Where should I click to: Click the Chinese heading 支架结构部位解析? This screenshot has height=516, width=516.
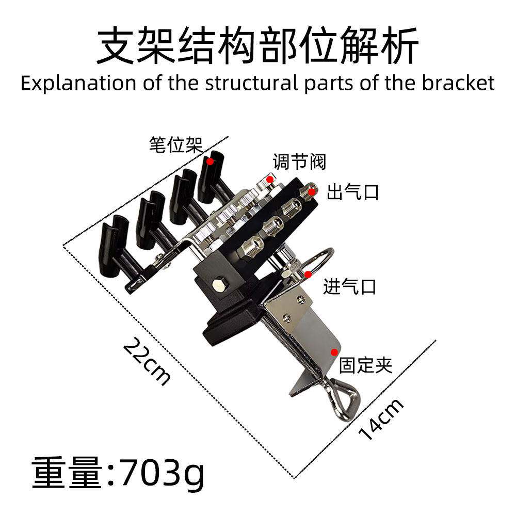[x=257, y=45]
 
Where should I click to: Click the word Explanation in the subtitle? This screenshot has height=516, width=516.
[x=78, y=83]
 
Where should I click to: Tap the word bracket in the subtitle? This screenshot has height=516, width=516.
[x=458, y=83]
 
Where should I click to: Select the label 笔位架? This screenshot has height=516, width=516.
[x=175, y=145]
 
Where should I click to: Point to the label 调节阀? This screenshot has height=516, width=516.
[x=299, y=162]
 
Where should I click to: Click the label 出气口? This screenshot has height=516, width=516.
[x=352, y=192]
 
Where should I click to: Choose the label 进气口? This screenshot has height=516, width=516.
[x=349, y=286]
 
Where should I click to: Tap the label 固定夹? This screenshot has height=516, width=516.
[x=366, y=365]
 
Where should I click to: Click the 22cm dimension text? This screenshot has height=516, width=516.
[x=147, y=361]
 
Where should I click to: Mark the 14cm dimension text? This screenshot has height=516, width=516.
[x=381, y=419]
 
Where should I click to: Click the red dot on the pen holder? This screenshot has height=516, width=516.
[x=210, y=161]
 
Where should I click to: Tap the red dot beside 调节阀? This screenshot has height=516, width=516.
[x=270, y=180]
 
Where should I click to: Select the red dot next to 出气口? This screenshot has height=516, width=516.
[x=311, y=191]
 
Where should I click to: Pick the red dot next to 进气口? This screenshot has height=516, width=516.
[x=309, y=274]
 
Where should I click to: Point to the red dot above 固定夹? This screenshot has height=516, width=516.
[x=334, y=352]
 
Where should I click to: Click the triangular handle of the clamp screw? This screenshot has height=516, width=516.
[x=346, y=399]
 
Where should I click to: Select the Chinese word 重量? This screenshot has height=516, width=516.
[x=67, y=473]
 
